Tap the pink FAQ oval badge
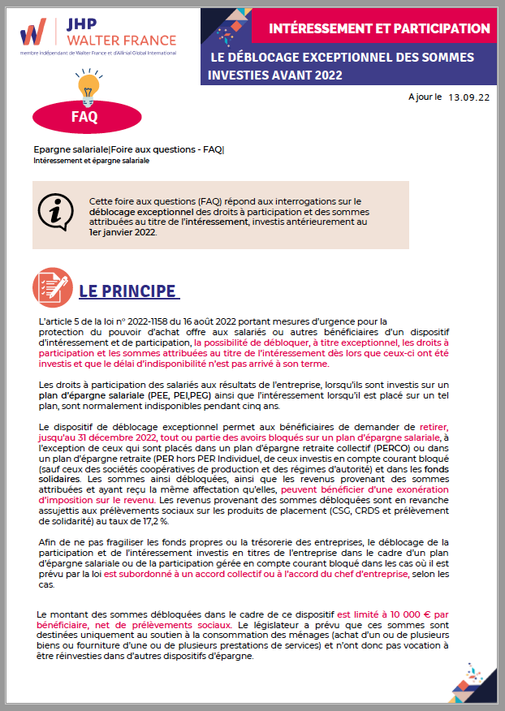click(84, 115)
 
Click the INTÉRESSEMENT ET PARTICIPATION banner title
click(379, 29)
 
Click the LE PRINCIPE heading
click(127, 291)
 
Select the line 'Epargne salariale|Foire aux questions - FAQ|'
click(128, 150)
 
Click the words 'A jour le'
click(425, 96)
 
